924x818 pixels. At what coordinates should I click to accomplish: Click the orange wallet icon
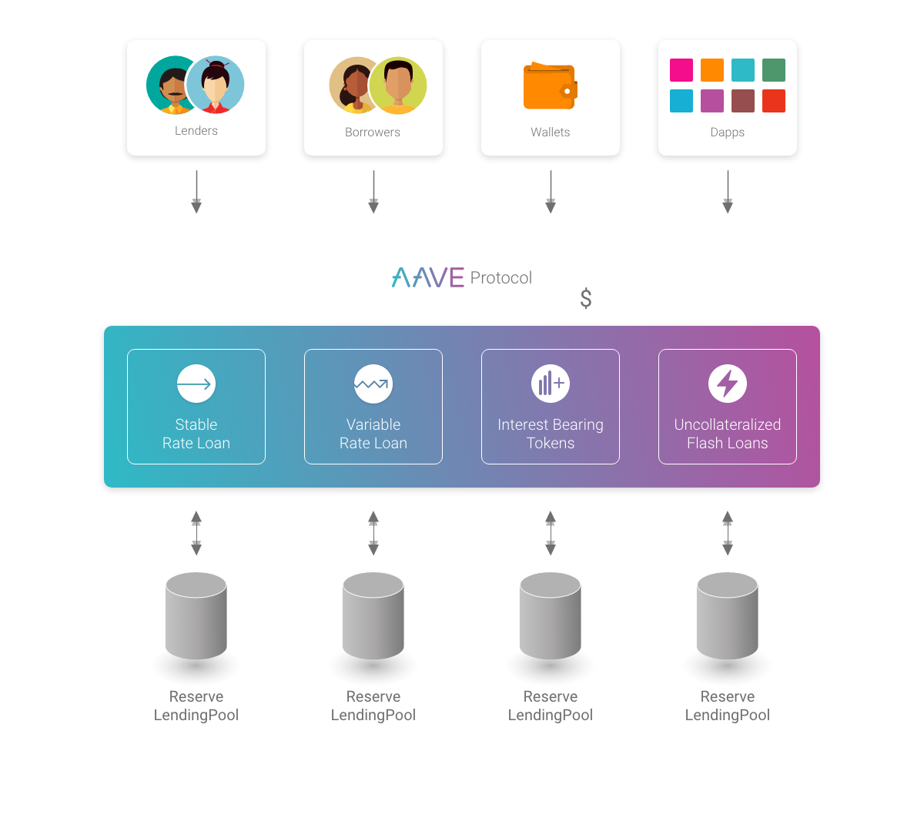pyautogui.click(x=550, y=87)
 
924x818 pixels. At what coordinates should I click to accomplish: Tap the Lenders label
pyautogui.click(x=196, y=131)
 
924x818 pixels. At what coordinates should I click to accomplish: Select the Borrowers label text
pyautogui.click(x=373, y=132)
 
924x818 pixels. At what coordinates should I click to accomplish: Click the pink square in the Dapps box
pyautogui.click(x=681, y=70)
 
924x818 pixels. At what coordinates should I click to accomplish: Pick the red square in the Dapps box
pyautogui.click(x=774, y=101)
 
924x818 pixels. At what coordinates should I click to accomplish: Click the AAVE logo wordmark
pyautogui.click(x=427, y=277)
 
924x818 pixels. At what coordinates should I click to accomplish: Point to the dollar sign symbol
pyautogui.click(x=586, y=298)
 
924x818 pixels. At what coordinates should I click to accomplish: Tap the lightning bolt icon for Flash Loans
pyautogui.click(x=728, y=384)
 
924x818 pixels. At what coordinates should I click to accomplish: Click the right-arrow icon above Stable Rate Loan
pyautogui.click(x=196, y=384)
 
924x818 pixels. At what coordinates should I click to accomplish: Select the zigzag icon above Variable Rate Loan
pyautogui.click(x=373, y=384)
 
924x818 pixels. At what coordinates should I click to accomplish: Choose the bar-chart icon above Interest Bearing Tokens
pyautogui.click(x=551, y=384)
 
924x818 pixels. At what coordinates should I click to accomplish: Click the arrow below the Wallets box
pyautogui.click(x=551, y=192)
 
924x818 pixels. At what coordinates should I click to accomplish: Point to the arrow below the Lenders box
pyautogui.click(x=196, y=192)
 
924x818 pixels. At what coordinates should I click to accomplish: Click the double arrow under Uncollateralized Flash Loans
pyautogui.click(x=728, y=533)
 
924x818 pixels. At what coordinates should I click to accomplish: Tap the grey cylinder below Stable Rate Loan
pyautogui.click(x=196, y=615)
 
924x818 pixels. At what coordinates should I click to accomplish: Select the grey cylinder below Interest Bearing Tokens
pyautogui.click(x=551, y=615)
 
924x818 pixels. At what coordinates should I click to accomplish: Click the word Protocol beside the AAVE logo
pyautogui.click(x=500, y=278)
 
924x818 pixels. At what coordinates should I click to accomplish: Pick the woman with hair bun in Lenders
pyautogui.click(x=216, y=85)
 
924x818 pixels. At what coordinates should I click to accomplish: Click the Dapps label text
pyautogui.click(x=728, y=132)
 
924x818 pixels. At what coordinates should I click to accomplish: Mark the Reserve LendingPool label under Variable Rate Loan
pyautogui.click(x=373, y=706)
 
